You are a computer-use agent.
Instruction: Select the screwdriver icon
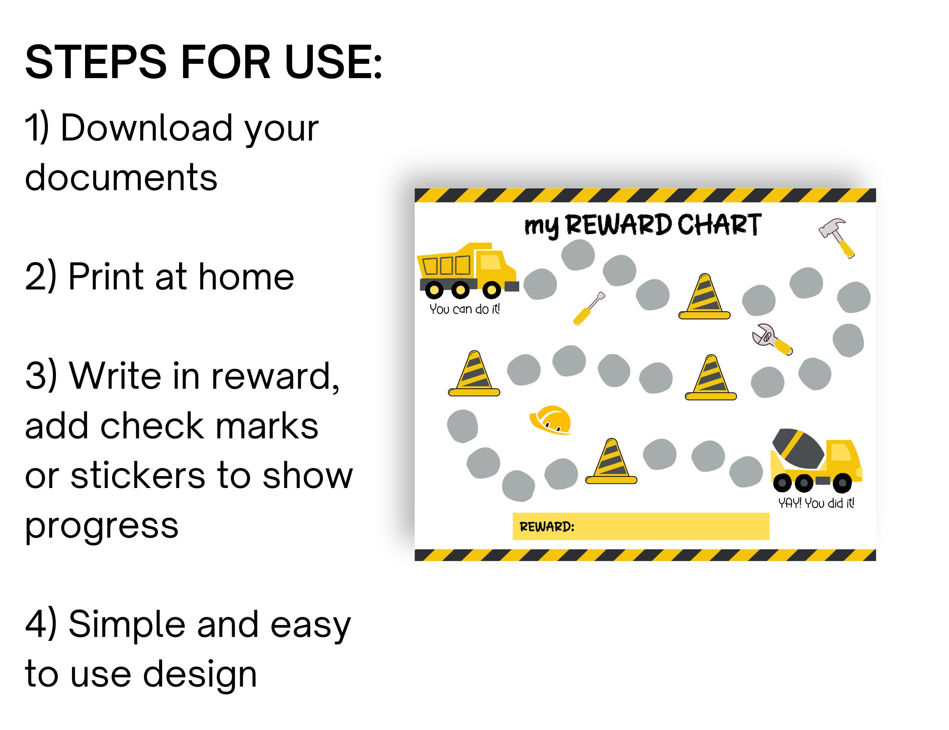[589, 308]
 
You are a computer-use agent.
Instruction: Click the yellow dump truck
[467, 269]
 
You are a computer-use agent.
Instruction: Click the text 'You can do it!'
[465, 309]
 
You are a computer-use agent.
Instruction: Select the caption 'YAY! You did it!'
[816, 503]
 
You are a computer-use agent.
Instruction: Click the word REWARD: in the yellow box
[547, 527]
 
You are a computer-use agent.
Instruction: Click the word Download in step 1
[146, 128]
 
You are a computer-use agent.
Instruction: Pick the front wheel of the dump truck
[491, 290]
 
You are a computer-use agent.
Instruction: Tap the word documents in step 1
[121, 178]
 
